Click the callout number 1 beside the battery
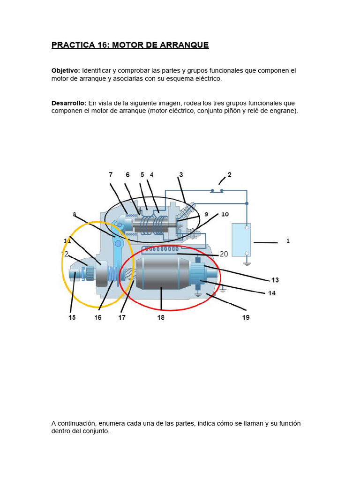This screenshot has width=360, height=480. pyautogui.click(x=288, y=241)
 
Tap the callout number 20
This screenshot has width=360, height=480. pyautogui.click(x=224, y=254)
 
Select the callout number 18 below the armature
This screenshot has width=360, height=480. pyautogui.click(x=161, y=317)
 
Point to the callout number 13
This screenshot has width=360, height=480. pyautogui.click(x=275, y=280)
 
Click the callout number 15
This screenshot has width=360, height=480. pyautogui.click(x=72, y=317)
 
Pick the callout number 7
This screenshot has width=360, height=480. pyautogui.click(x=111, y=175)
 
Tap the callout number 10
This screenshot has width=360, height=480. pyautogui.click(x=225, y=214)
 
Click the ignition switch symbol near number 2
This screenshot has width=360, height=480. pyautogui.click(x=216, y=191)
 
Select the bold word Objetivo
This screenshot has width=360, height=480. pyautogui.click(x=65, y=70)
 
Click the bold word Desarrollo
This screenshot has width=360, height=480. pyautogui.click(x=68, y=103)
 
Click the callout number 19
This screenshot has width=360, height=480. pyautogui.click(x=246, y=317)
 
